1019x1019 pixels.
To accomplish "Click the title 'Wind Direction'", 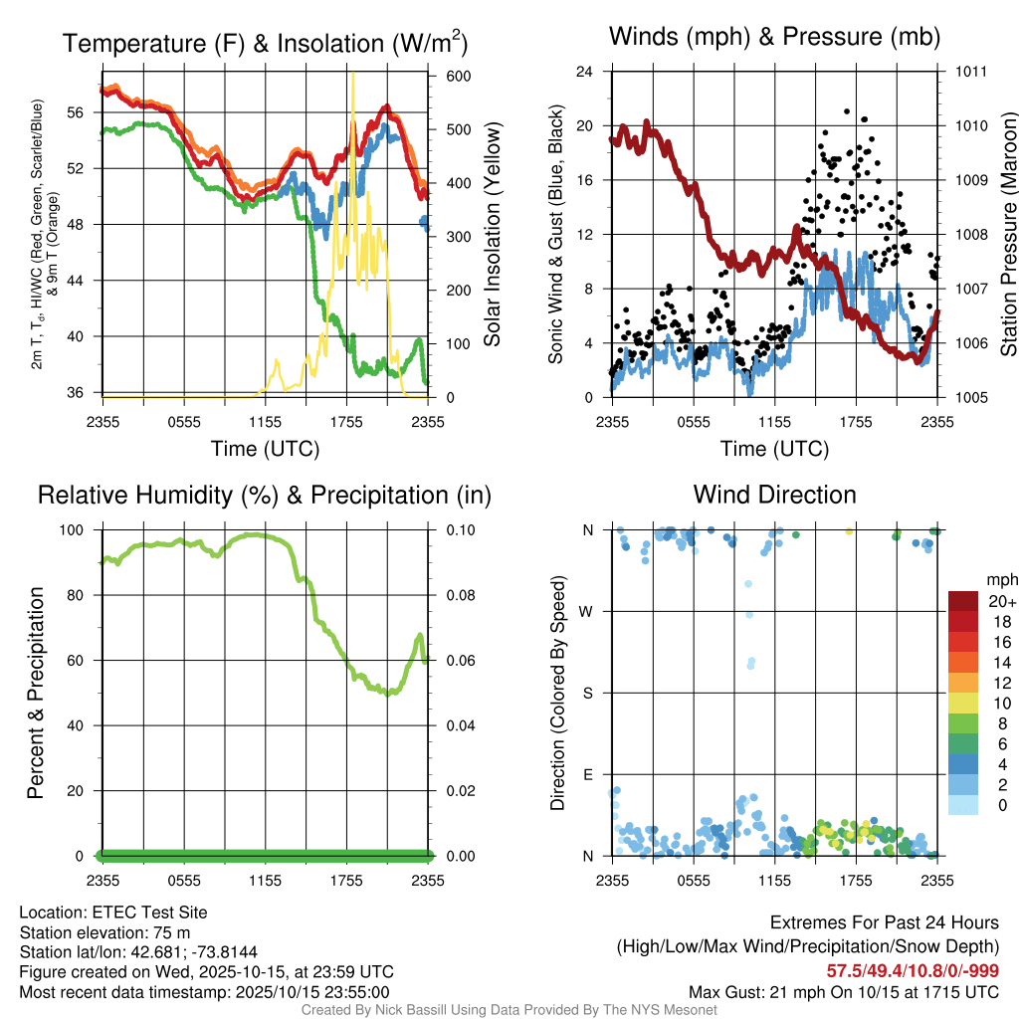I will coord(774,495).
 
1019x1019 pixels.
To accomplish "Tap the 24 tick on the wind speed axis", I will coord(586,72).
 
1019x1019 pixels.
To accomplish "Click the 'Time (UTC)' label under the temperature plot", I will coord(266,449).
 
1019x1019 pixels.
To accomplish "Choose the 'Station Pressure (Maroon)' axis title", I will coord(1007,234).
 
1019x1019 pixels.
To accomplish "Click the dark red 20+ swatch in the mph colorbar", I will coord(963,602).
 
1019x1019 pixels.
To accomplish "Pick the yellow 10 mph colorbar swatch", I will coord(963,705).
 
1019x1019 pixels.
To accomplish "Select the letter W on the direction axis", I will coord(588,611).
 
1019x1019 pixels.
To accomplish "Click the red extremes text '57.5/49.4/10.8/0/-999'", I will coord(913,970).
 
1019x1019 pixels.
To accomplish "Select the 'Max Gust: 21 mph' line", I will coord(844,992).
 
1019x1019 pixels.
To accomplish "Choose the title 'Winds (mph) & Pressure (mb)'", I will coord(774,38).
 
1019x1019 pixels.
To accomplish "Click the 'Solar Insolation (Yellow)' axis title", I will coord(491,234).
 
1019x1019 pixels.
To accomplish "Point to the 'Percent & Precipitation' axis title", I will coord(35,693).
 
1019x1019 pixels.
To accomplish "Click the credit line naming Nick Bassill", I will coord(509,1010).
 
